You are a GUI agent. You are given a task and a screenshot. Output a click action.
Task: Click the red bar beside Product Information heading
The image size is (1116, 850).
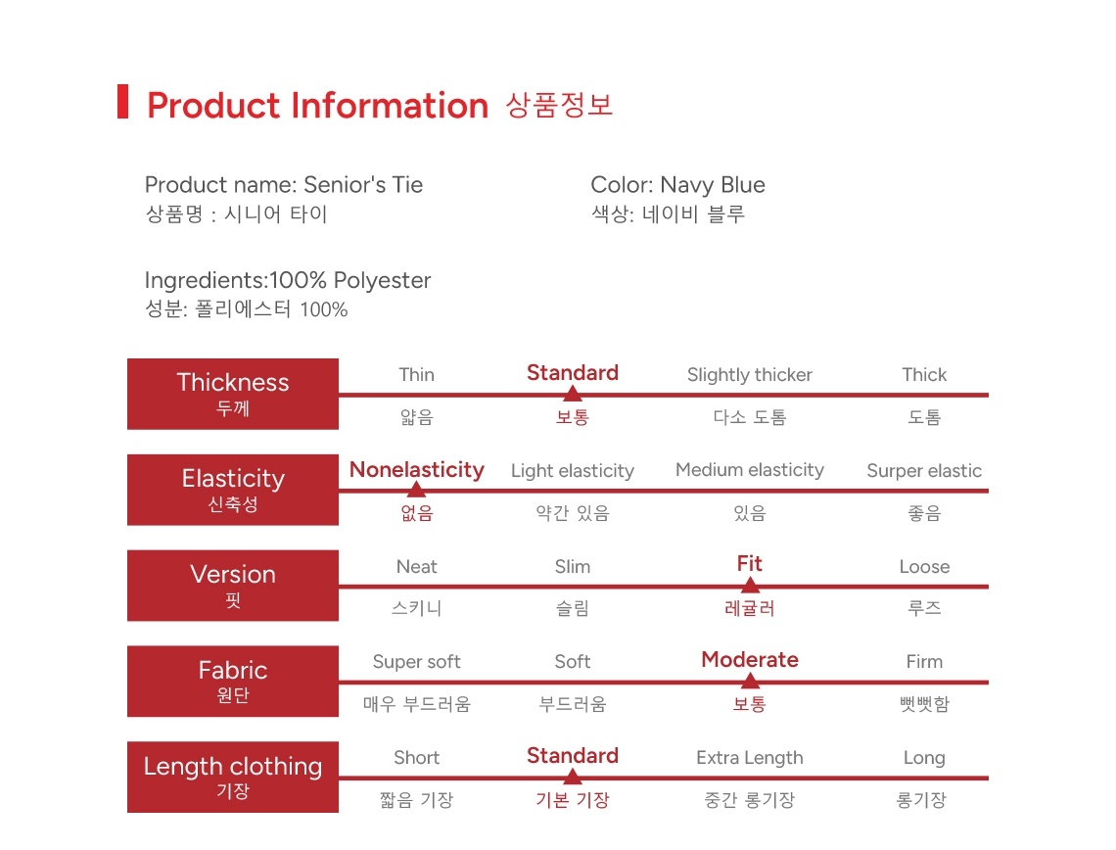[x=122, y=101]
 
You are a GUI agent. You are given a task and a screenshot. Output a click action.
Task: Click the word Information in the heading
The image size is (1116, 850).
[x=390, y=106]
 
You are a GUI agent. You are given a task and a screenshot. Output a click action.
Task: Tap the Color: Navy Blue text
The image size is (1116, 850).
[x=677, y=184]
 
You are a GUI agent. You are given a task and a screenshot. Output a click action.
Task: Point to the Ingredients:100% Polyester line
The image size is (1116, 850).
[x=288, y=280]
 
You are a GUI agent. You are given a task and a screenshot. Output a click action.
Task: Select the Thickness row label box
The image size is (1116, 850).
[x=233, y=394]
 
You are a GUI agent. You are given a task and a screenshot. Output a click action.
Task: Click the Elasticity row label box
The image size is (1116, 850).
[x=233, y=490]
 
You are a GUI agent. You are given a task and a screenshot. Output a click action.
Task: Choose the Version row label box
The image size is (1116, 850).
[x=233, y=586]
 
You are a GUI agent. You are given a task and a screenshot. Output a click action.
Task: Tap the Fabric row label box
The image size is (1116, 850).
[x=233, y=682]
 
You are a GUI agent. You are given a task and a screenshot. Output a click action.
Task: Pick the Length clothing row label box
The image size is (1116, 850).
[x=233, y=777]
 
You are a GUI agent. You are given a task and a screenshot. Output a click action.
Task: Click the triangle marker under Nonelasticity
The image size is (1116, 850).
[x=416, y=489]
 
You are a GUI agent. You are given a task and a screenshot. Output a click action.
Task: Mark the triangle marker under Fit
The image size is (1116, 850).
[x=750, y=586]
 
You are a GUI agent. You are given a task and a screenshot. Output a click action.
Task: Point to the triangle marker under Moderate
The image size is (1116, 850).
[x=750, y=681]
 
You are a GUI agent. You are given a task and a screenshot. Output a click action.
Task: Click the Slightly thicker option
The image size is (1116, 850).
[x=750, y=375]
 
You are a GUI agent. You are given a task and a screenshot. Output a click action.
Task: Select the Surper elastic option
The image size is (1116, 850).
[x=924, y=471]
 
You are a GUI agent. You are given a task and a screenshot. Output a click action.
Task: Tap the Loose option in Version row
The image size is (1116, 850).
[x=924, y=567]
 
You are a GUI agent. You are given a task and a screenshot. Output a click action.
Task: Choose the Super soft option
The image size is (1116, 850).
[x=416, y=662]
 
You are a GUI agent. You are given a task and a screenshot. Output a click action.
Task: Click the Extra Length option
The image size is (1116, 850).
[x=750, y=758]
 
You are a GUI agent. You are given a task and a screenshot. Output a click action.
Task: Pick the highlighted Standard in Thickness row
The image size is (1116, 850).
[x=573, y=372]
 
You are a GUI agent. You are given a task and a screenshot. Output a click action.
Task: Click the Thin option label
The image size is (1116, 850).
[x=416, y=374]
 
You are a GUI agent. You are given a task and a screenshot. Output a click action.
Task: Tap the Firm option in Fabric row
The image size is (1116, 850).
[x=924, y=662]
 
